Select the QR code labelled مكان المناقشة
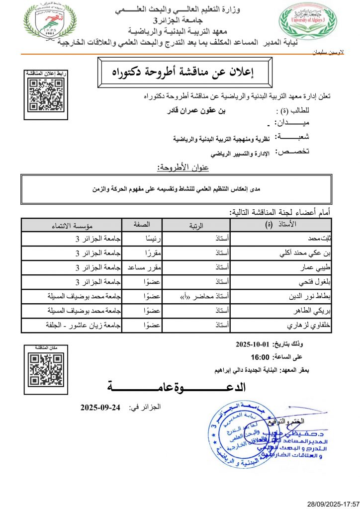46,368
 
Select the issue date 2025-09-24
101,408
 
